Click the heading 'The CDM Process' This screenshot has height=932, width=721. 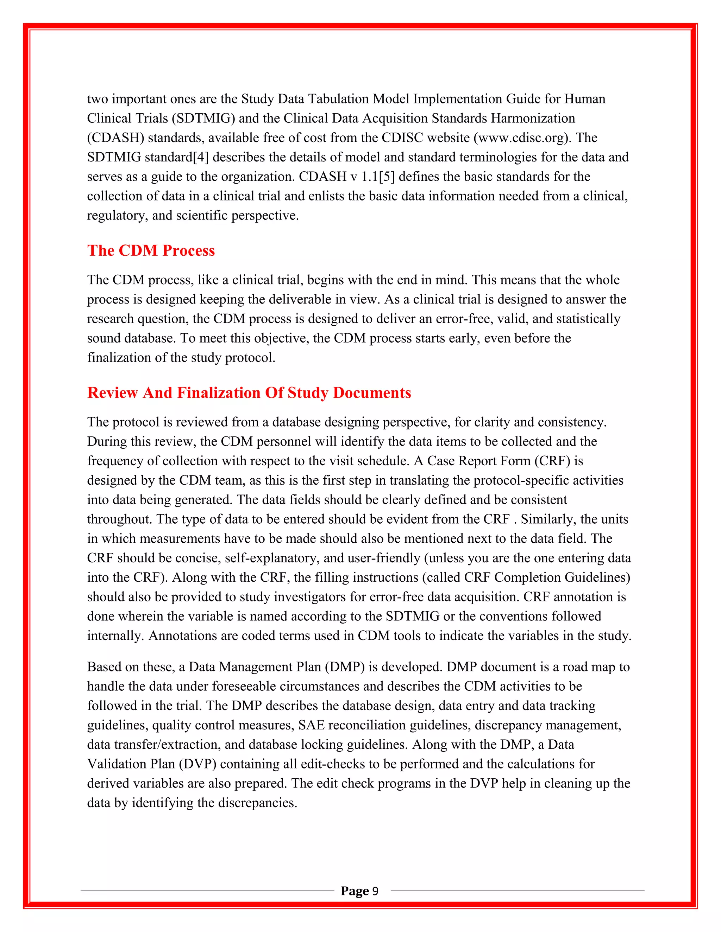(x=151, y=250)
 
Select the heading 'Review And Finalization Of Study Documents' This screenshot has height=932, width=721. (x=249, y=392)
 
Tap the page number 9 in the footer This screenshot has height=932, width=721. (x=375, y=891)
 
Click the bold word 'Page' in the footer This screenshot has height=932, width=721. (x=355, y=891)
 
